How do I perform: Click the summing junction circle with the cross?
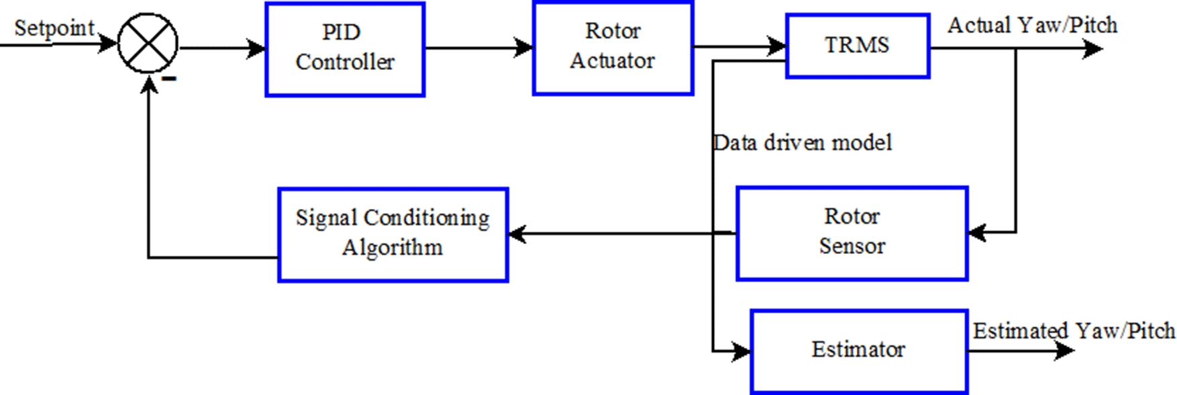pos(148,44)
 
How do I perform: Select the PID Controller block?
pos(345,49)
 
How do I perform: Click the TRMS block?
pos(857,46)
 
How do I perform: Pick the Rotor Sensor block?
pos(852,233)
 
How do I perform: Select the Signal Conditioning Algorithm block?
pos(393,234)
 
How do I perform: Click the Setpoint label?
pos(54,28)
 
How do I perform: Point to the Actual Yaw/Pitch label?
pos(1032,26)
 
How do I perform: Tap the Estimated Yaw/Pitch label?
pos(1074,331)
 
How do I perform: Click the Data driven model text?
pos(802,143)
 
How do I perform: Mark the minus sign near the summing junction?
pos(170,79)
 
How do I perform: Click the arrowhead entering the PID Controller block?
pos(257,48)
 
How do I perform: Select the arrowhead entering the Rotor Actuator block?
pos(524,48)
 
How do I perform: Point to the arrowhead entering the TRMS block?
pos(777,46)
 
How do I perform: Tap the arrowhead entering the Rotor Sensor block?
pos(977,233)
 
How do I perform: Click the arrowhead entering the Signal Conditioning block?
pos(517,234)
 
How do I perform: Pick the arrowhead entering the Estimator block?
pos(741,351)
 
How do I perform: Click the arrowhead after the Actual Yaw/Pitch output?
pos(1093,49)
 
